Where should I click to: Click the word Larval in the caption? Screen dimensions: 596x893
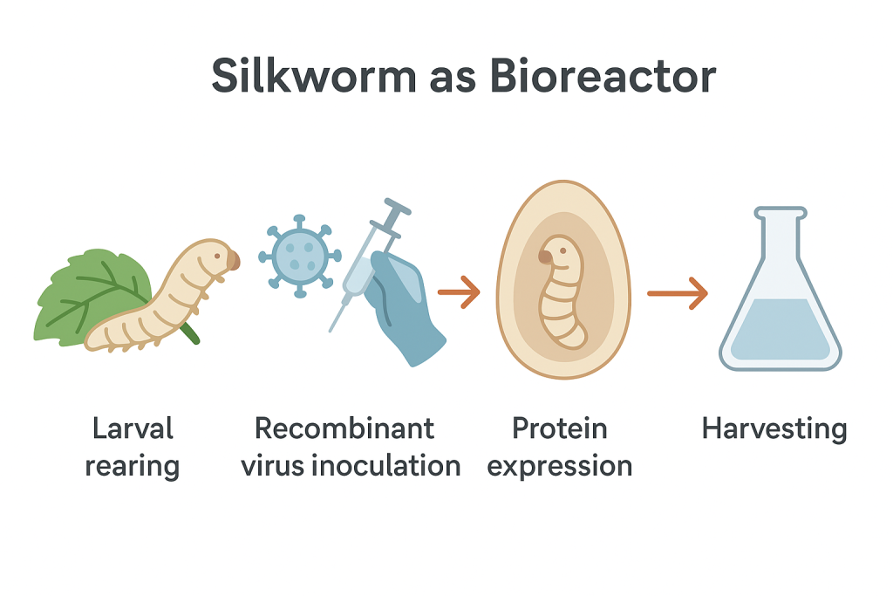[x=132, y=428]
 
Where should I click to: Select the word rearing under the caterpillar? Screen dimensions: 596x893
[x=132, y=465]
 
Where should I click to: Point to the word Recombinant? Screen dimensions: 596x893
[x=344, y=428]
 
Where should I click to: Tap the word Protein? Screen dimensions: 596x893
[x=559, y=428]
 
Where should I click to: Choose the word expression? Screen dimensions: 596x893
[x=559, y=465]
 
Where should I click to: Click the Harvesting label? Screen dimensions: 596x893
[x=774, y=428]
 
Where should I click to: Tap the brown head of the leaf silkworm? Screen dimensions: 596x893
[x=232, y=259]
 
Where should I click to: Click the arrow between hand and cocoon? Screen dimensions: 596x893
[x=459, y=292]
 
